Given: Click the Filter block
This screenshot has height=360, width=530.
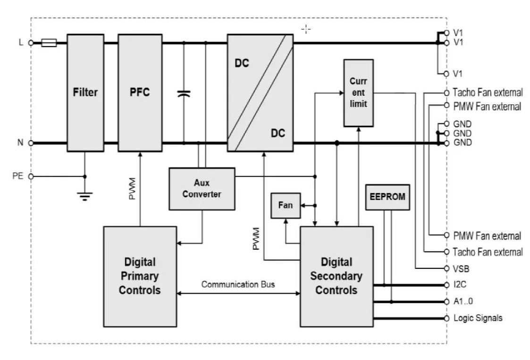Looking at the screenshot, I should click(x=85, y=92).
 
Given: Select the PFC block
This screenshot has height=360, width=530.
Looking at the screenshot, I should click(x=140, y=92).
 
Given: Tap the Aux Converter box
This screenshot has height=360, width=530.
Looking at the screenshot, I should click(x=202, y=188).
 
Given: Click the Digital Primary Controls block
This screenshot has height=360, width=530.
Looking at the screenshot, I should click(x=139, y=276).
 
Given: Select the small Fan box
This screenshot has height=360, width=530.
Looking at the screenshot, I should click(x=286, y=205).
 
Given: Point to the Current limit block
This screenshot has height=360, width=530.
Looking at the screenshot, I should click(x=358, y=92).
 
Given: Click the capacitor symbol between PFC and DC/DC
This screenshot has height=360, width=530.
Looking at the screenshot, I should click(x=184, y=93).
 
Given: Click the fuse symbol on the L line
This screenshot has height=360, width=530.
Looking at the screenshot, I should click(x=50, y=43).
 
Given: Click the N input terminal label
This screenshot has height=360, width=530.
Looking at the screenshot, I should click(x=20, y=142).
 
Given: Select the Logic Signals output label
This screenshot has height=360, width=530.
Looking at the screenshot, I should click(x=477, y=318).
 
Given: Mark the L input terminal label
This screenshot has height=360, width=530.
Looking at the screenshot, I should click(x=21, y=42).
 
